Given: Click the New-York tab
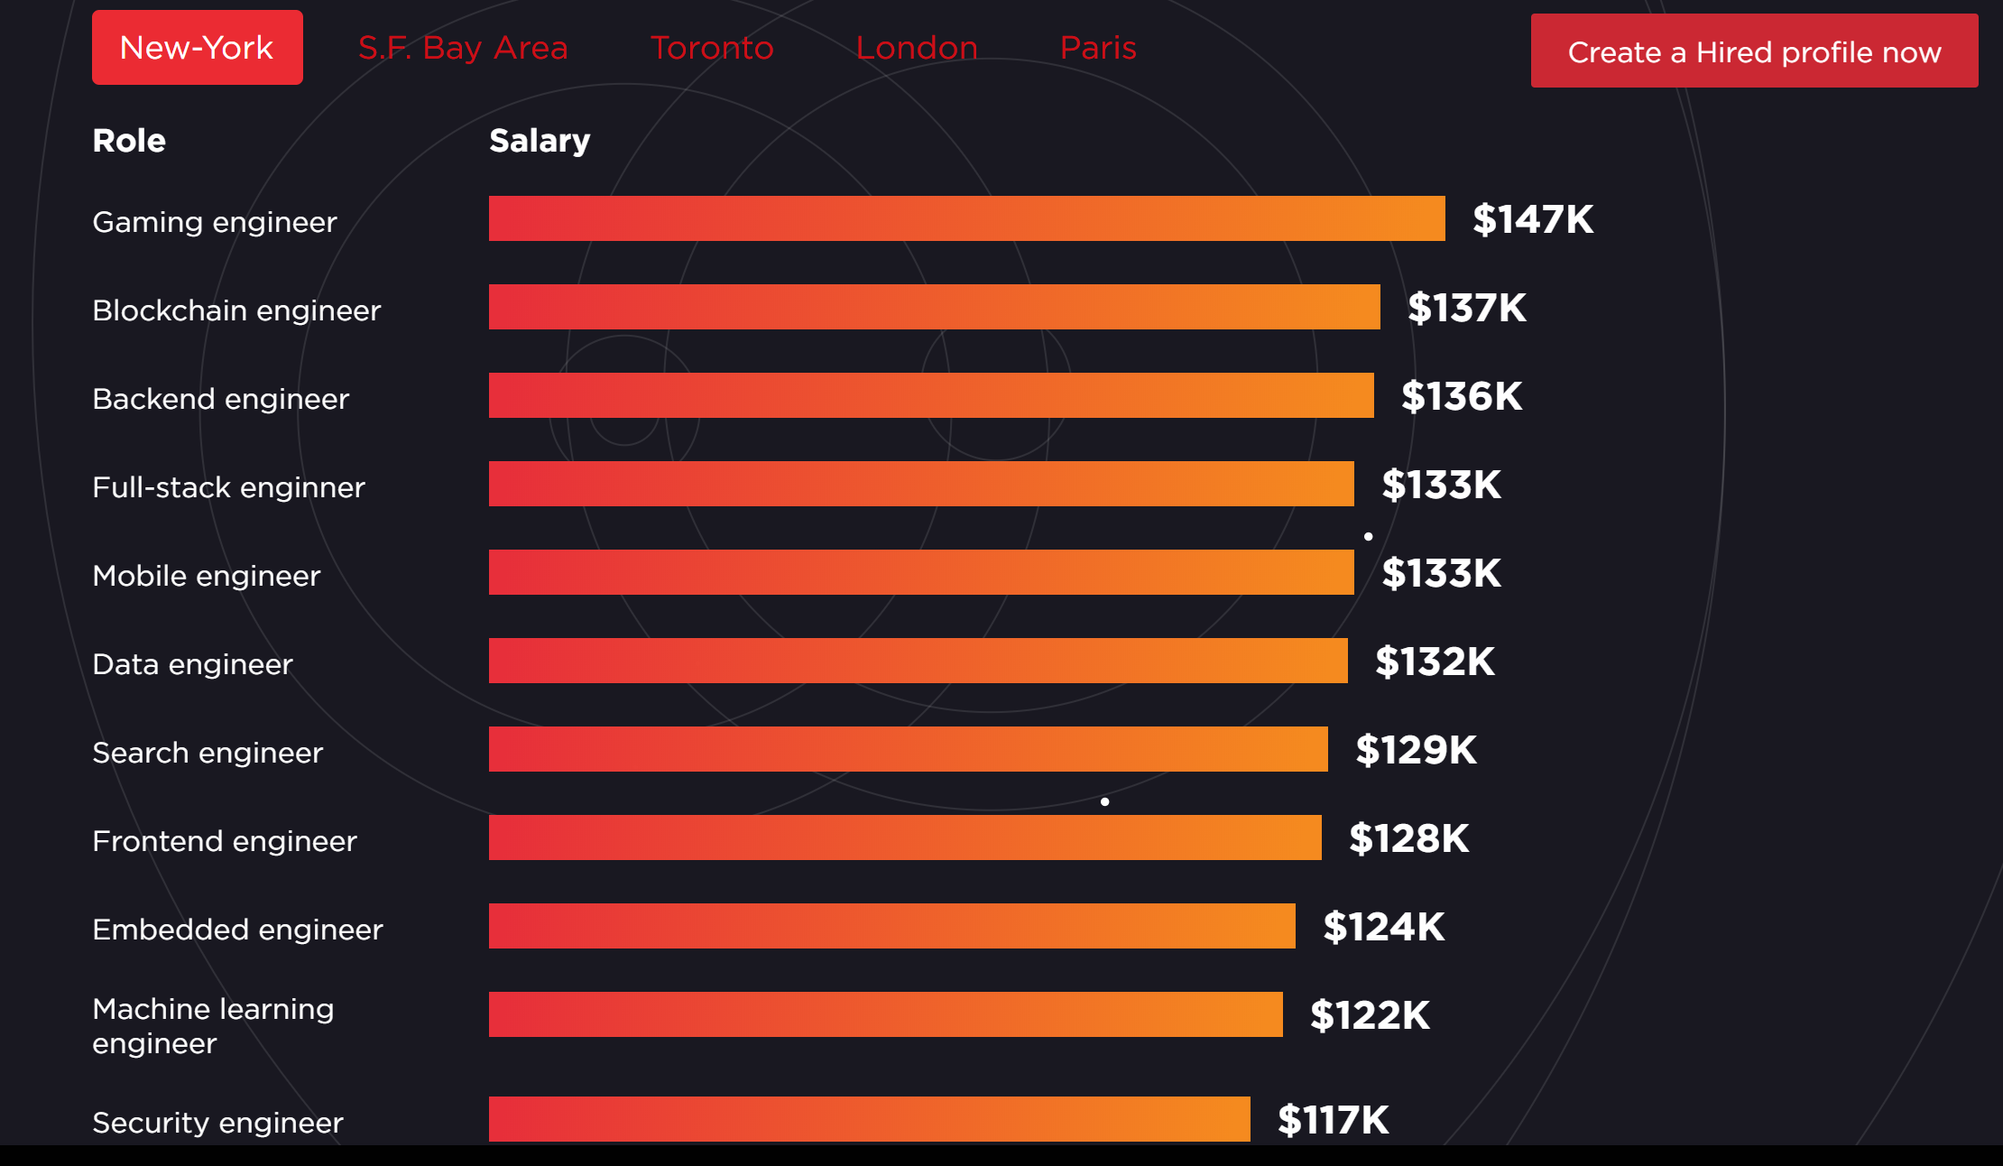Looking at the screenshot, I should [x=197, y=48].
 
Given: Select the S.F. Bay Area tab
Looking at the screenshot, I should [x=463, y=48].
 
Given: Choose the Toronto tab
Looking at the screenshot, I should [x=712, y=48].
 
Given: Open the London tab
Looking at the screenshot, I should [x=917, y=48].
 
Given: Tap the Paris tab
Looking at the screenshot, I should [x=1098, y=48].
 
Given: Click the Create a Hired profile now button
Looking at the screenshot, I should [x=1754, y=51].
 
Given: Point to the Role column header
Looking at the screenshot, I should [x=129, y=141].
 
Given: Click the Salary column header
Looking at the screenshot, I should [x=540, y=141].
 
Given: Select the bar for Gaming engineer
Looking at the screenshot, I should [x=966, y=218].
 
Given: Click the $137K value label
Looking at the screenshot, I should [x=1467, y=308].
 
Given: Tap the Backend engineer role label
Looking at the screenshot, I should [x=220, y=399].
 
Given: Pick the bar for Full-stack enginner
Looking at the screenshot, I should [x=921, y=484].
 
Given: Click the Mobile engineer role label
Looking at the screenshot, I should [x=207, y=576].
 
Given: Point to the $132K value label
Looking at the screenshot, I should [x=1435, y=662].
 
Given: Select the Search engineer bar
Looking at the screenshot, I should [x=908, y=749].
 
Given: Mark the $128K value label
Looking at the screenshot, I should [x=1408, y=838].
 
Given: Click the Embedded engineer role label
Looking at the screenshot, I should [x=237, y=930].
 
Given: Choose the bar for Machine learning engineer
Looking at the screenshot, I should [x=885, y=1014].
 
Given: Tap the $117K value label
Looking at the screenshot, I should [x=1333, y=1120].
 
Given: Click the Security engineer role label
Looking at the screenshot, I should [x=217, y=1123].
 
